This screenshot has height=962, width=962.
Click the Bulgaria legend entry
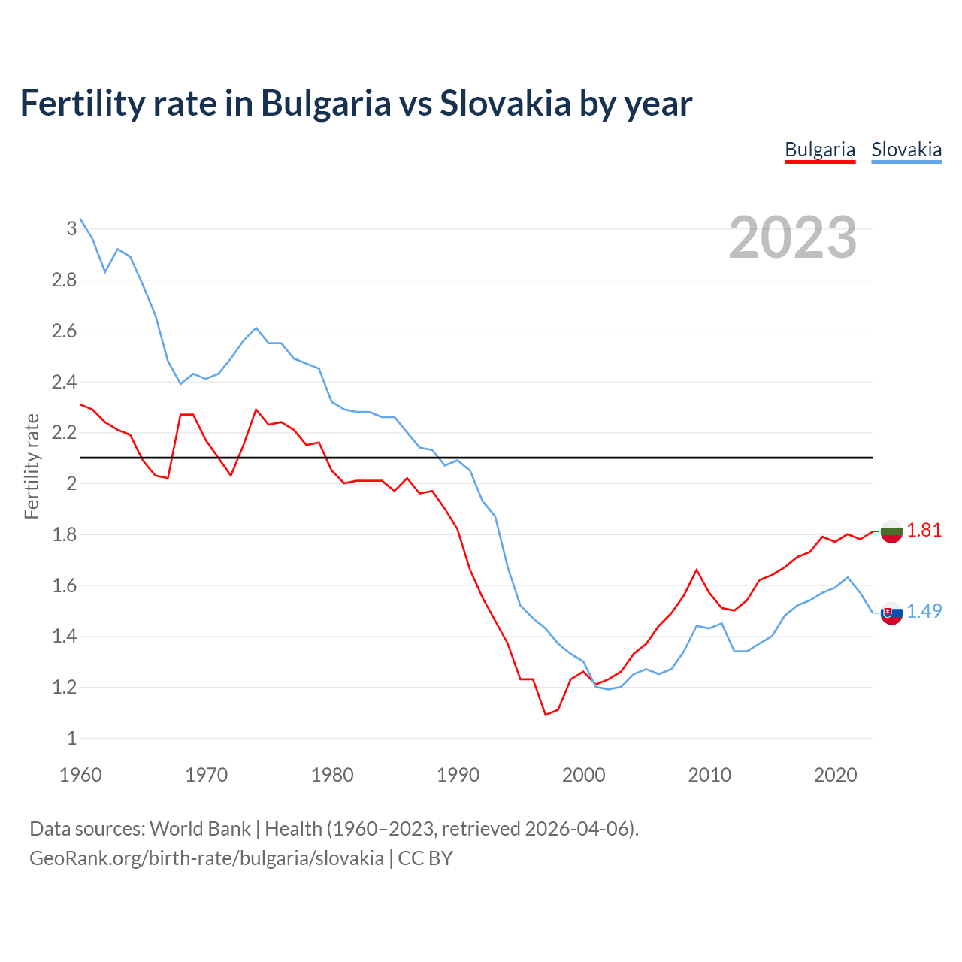[820, 150]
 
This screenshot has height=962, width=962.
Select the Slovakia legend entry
[906, 150]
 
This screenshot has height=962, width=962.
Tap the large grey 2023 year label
[793, 237]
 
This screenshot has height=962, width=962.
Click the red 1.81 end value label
[924, 531]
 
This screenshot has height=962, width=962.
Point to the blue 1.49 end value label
[924, 612]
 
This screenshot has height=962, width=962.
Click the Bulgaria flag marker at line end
[891, 531]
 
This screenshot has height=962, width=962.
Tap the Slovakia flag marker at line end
[891, 613]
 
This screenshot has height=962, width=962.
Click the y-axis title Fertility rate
[32, 466]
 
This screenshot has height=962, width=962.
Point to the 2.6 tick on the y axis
[64, 331]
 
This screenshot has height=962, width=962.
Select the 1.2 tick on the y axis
[64, 688]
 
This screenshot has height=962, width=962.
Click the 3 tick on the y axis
[72, 228]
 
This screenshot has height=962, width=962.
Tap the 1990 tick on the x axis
[458, 775]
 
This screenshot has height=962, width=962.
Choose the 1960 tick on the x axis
[80, 775]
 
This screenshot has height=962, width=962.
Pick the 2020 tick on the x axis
[835, 775]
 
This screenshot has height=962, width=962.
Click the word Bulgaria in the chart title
[325, 104]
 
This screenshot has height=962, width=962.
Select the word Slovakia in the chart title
[505, 104]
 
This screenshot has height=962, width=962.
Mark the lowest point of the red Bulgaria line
[546, 715]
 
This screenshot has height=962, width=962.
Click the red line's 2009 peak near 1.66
[697, 570]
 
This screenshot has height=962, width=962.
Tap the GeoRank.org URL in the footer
[207, 858]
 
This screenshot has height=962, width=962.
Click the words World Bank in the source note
[200, 829]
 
